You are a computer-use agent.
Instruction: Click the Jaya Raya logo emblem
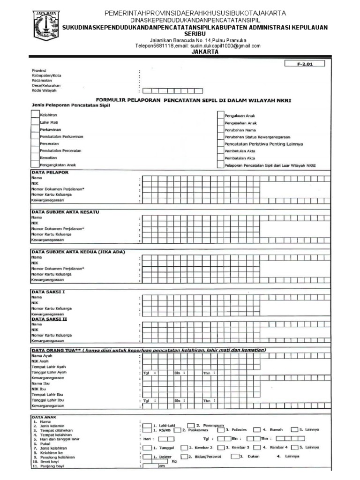click(46, 26)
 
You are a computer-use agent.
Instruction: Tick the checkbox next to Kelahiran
click(35, 114)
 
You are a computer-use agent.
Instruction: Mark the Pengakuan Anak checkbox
click(221, 115)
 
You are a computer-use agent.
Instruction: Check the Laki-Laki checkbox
click(148, 425)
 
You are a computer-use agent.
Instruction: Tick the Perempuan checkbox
click(191, 425)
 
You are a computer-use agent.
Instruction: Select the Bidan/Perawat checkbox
click(184, 456)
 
